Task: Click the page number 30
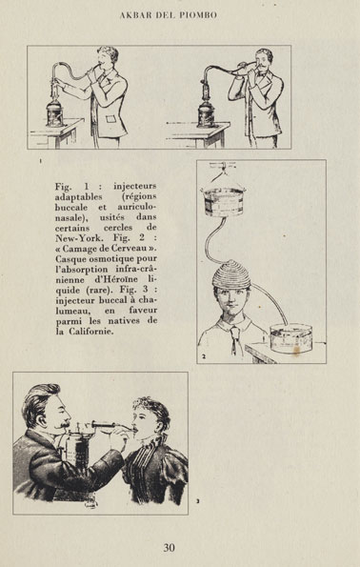[170, 548]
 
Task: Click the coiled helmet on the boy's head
[231, 274]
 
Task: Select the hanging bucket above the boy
[224, 201]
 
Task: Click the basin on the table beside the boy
[291, 338]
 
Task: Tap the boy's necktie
[235, 340]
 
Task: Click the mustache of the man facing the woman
[64, 425]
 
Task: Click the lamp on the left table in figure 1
[55, 112]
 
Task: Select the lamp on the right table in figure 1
[207, 113]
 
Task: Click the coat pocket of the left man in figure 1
[111, 119]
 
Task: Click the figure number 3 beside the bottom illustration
[198, 501]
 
